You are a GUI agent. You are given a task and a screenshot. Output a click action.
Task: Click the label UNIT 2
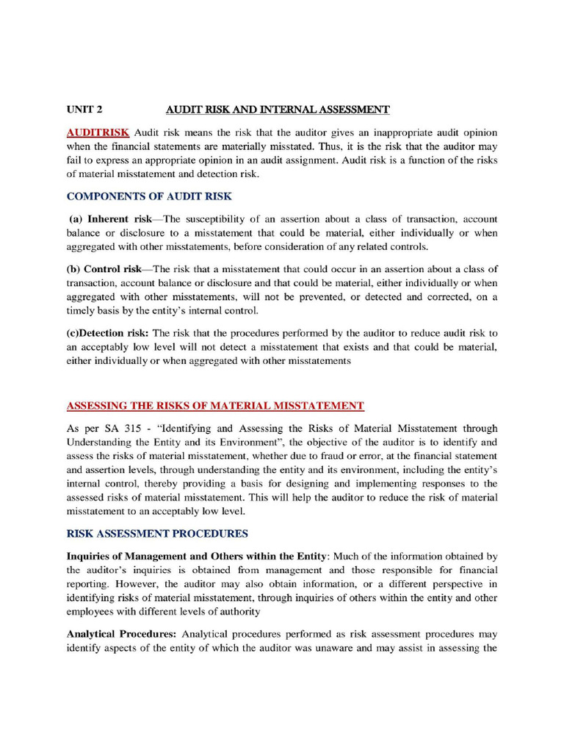point(84,110)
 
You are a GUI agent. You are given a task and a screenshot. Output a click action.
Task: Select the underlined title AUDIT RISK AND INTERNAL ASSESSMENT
point(277,110)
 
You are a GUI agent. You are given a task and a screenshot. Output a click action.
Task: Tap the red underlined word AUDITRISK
point(98,132)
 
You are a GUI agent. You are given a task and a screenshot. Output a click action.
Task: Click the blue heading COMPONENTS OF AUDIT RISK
point(149,196)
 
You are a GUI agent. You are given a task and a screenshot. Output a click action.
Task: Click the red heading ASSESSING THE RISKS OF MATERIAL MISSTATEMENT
point(215,405)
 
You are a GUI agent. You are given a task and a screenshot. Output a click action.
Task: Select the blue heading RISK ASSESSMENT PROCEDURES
point(157,533)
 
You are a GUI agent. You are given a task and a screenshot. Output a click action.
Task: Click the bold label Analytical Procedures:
point(122,634)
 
